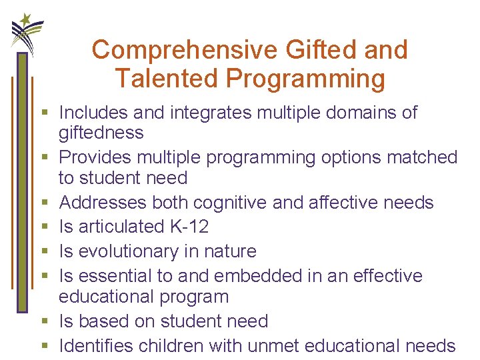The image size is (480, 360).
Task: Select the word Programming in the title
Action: tap(306, 79)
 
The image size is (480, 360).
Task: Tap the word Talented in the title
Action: tap(168, 79)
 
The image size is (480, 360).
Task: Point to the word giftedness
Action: tap(101, 133)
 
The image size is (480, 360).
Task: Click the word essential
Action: tap(118, 276)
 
